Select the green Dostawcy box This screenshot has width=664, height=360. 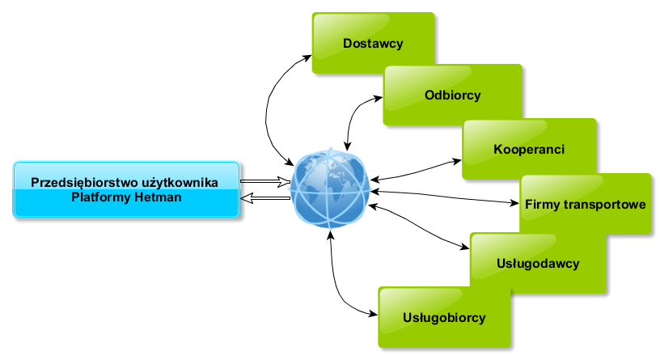tap(373, 43)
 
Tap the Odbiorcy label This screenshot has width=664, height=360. tap(453, 95)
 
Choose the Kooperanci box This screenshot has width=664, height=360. tap(529, 150)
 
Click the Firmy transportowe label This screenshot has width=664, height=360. tap(584, 204)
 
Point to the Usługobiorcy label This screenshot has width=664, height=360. tap(444, 317)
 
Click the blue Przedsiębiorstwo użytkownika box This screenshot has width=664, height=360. tap(127, 189)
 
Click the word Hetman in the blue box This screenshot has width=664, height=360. tap(159, 197)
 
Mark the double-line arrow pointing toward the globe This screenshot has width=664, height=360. tap(265, 182)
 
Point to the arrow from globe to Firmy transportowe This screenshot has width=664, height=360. tap(445, 197)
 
